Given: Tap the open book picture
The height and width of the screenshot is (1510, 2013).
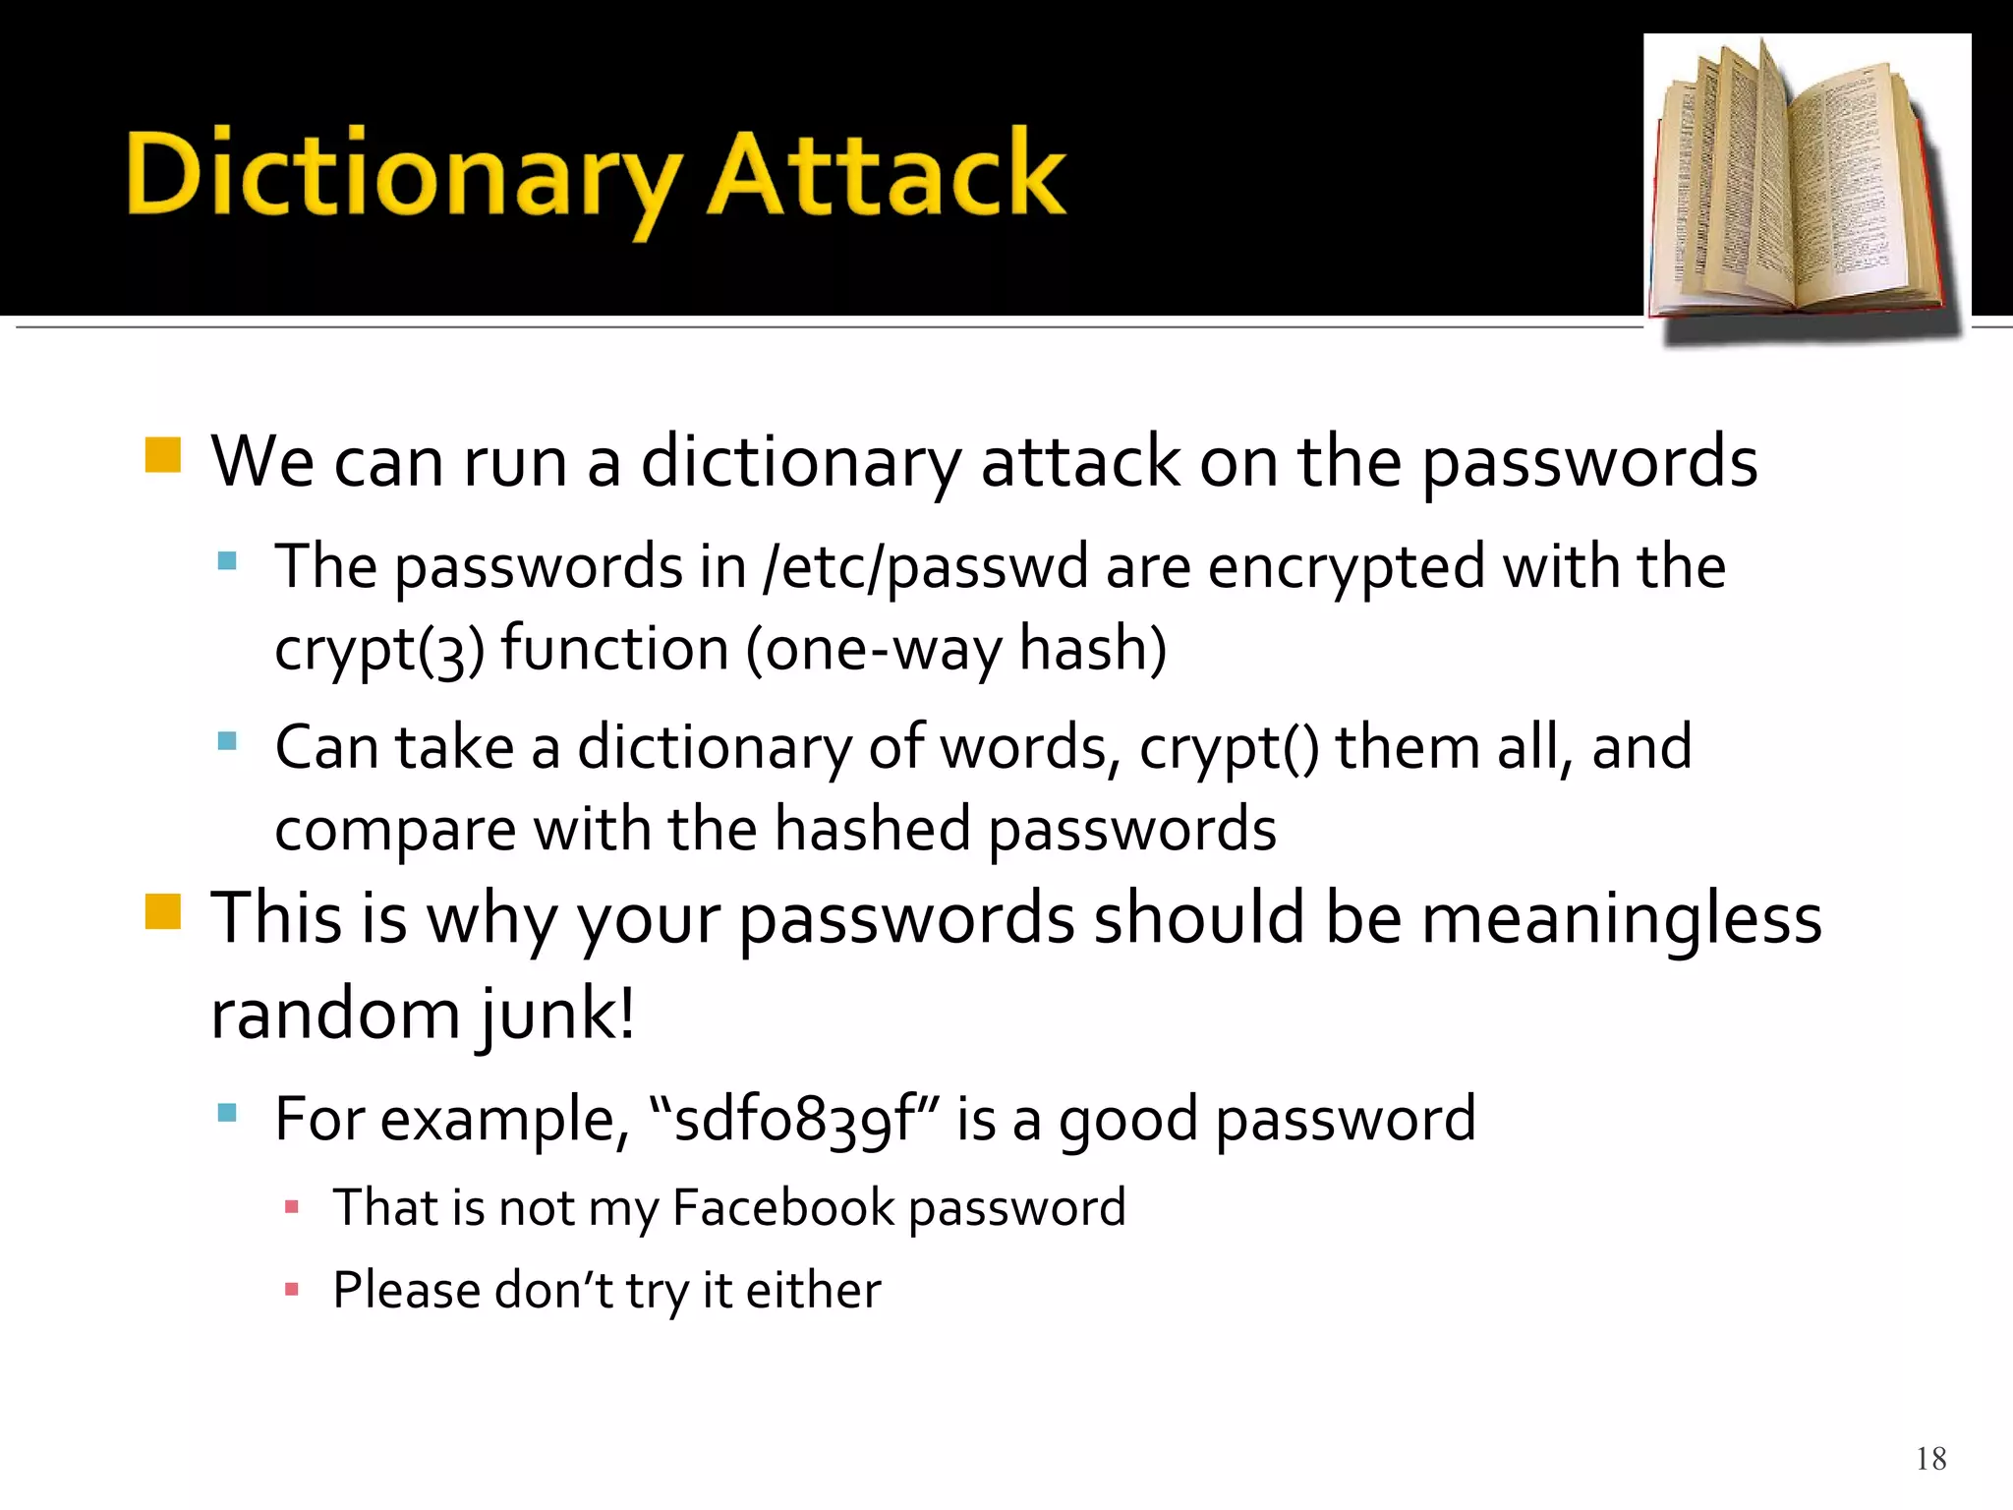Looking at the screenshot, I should [1807, 187].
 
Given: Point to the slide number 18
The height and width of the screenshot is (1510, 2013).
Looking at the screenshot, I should [1930, 1459].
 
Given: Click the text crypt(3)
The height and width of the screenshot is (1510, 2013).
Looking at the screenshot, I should [379, 651].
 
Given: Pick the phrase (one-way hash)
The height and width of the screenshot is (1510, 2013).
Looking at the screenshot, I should [955, 651].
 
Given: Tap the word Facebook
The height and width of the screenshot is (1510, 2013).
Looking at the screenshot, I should [782, 1208].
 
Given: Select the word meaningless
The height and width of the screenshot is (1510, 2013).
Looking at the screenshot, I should [1622, 918].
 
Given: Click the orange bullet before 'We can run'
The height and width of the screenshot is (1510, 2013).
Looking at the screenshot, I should [163, 455].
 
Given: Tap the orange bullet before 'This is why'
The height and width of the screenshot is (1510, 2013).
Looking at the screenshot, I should [163, 910].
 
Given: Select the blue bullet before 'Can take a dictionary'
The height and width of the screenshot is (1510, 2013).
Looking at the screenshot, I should [228, 741].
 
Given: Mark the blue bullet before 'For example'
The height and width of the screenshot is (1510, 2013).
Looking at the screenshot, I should [228, 1113].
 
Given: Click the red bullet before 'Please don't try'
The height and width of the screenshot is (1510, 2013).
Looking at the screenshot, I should [291, 1289].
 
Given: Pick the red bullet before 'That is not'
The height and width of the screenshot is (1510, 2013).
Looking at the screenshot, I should [291, 1206].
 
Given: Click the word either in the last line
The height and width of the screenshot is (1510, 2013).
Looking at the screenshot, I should [813, 1291].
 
